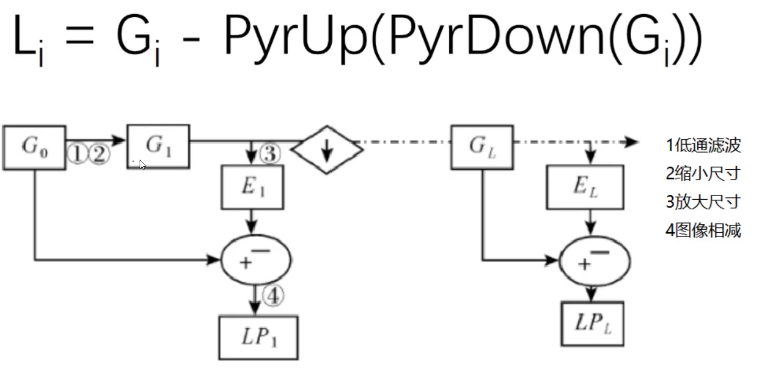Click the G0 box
(34, 147)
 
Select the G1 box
(158, 146)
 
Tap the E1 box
(252, 187)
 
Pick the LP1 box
(258, 337)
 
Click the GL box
(482, 147)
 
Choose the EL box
(585, 187)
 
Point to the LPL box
(592, 324)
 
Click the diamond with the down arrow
(327, 150)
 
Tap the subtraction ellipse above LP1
(256, 260)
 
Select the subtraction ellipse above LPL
(595, 261)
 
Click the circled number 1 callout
(77, 154)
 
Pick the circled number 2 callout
(99, 154)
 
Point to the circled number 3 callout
(270, 153)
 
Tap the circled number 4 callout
(273, 295)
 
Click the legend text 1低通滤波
(703, 145)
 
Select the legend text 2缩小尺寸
(703, 173)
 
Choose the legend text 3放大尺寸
(703, 202)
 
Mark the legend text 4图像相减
(703, 230)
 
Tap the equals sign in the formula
(80, 35)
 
